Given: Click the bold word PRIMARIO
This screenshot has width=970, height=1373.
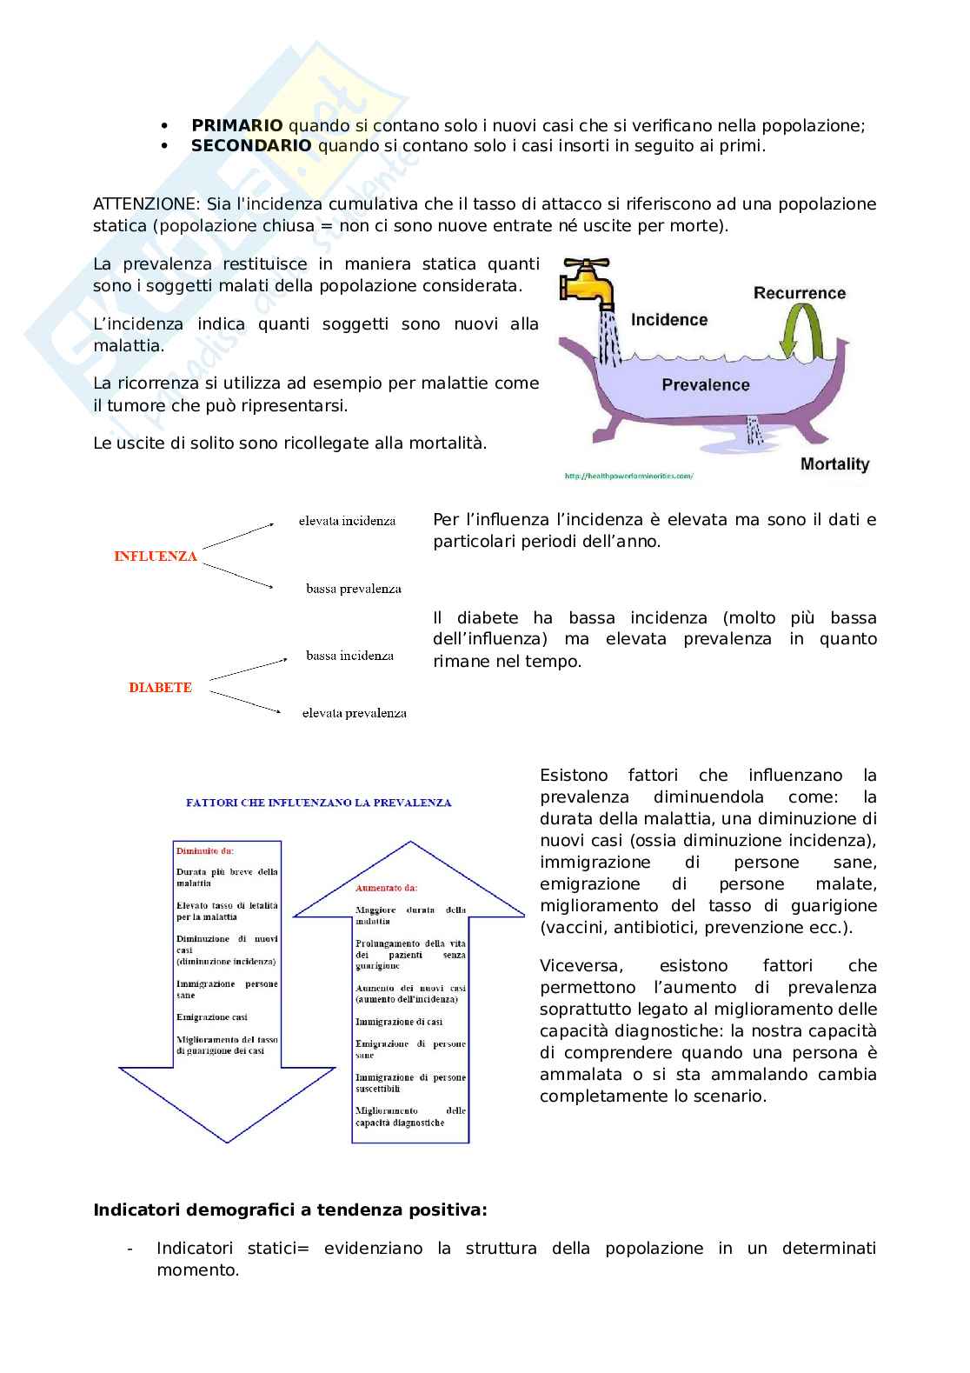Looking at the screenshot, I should [236, 125].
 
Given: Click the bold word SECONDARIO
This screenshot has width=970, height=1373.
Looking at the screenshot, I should [250, 146].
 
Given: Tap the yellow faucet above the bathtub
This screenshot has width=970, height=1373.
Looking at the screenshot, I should [588, 283].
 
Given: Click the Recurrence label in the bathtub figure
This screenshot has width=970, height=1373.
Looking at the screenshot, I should [799, 293].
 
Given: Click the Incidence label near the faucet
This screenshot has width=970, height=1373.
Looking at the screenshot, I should [668, 320].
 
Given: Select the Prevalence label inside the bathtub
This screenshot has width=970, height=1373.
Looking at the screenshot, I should [705, 384].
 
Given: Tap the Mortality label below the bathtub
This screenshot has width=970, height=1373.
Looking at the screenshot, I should [834, 464].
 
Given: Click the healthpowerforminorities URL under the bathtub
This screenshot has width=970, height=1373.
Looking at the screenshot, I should [628, 477].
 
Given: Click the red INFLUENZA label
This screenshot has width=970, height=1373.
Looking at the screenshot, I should [156, 557].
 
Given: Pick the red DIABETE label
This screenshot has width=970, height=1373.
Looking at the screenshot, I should [160, 688].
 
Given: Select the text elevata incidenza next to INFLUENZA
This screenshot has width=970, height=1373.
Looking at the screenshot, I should [347, 521].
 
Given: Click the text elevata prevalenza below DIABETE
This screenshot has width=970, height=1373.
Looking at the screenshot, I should [354, 713].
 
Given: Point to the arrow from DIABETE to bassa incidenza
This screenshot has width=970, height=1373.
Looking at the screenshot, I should [248, 669].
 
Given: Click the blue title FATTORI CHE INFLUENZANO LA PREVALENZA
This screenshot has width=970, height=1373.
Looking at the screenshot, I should [318, 803].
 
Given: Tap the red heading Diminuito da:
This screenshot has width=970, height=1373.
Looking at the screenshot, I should [204, 850].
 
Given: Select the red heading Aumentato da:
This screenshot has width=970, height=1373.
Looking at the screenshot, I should [386, 888].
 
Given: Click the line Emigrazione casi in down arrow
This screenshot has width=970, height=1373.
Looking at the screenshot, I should [211, 1016].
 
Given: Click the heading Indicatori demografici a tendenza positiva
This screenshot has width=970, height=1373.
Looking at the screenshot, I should [289, 1210].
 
